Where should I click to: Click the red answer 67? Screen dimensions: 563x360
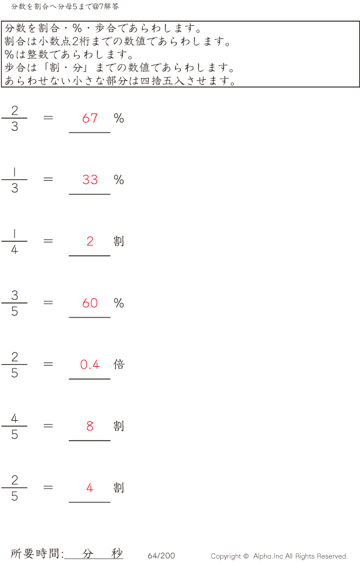click(90, 118)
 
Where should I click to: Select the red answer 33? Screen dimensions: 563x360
click(90, 180)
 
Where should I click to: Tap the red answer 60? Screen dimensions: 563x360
click(90, 303)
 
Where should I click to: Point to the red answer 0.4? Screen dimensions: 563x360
click(90, 364)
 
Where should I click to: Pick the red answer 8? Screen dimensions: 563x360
click(90, 426)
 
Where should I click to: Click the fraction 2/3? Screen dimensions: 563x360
click(14, 118)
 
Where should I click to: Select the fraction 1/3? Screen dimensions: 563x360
click(14, 180)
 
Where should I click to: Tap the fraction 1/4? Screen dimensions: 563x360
click(14, 241)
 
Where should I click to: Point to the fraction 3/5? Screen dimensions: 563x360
click(14, 303)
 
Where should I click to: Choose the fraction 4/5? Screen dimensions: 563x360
click(14, 426)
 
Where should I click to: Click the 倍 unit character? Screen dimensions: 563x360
click(119, 364)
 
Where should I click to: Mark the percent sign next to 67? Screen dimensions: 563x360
click(119, 118)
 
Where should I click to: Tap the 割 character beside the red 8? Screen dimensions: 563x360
click(119, 426)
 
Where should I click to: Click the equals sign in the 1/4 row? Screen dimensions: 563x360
click(48, 241)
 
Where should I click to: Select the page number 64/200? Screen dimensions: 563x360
click(161, 556)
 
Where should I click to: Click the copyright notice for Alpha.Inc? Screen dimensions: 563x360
click(279, 556)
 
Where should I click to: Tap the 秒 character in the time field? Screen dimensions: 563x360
click(116, 553)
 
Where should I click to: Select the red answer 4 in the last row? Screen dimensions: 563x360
click(90, 488)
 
